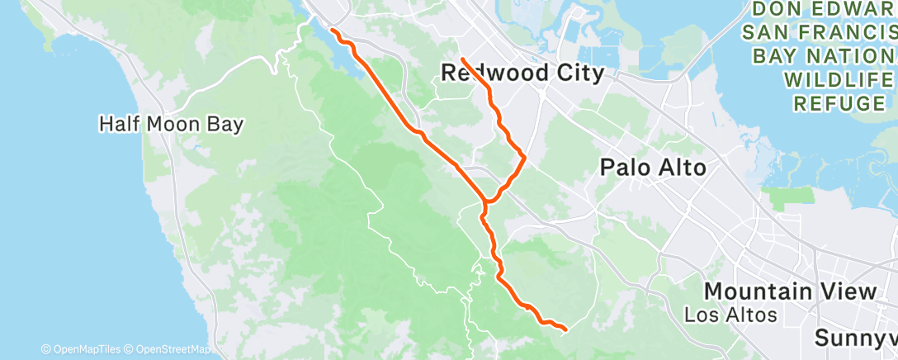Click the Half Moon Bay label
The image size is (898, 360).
[x=171, y=125]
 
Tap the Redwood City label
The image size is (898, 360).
[x=522, y=73]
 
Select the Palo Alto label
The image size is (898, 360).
[x=653, y=168]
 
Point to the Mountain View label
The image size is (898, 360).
[x=790, y=291]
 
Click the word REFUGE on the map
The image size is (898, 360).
[x=839, y=103]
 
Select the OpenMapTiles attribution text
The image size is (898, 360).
[x=86, y=349]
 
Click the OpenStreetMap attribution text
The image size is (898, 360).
[x=169, y=349]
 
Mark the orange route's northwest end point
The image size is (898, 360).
[x=332, y=31]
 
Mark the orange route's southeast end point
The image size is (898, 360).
[x=565, y=329]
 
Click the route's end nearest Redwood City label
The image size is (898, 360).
[x=461, y=59]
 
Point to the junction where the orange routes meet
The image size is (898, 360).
[x=487, y=201]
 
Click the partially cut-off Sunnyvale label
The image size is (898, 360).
[x=855, y=338]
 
